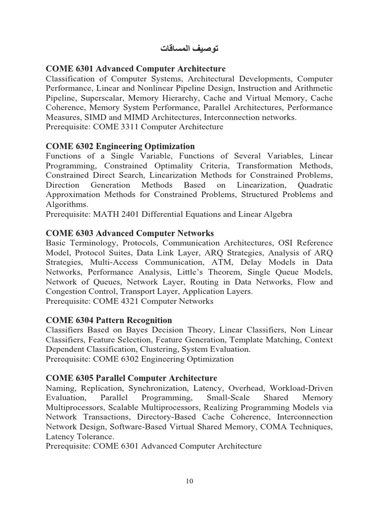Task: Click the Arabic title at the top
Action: coord(189,49)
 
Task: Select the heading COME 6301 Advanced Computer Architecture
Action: coord(135,69)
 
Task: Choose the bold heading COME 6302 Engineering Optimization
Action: coord(120,146)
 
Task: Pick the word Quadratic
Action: coord(315,185)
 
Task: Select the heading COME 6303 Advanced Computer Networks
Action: coord(129,233)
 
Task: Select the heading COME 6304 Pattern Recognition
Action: coord(109,320)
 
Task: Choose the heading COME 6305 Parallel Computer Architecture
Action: coord(131,378)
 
